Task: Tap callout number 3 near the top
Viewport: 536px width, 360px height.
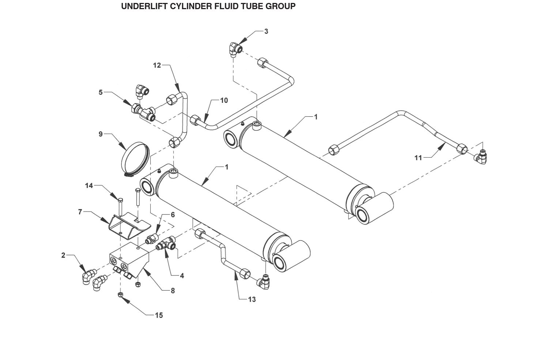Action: click(x=266, y=31)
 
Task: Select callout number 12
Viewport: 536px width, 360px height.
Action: click(x=157, y=65)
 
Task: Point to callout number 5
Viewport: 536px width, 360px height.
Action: click(x=101, y=92)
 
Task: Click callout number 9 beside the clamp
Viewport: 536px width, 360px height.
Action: click(x=101, y=134)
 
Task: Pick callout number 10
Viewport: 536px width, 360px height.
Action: click(x=224, y=100)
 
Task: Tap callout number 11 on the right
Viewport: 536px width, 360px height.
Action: click(x=418, y=158)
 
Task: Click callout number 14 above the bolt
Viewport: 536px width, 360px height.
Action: click(x=89, y=185)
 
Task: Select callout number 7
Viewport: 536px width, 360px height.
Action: click(x=80, y=212)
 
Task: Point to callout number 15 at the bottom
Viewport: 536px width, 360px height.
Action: click(x=159, y=315)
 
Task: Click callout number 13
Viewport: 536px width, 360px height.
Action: click(x=252, y=299)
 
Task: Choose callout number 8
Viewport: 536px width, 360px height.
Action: click(x=173, y=290)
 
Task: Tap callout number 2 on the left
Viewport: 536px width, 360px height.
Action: click(x=63, y=255)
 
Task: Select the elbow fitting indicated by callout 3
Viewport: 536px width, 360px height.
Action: click(x=236, y=49)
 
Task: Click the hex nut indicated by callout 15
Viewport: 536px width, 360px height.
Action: click(x=121, y=295)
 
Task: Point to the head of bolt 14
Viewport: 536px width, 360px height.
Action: click(x=120, y=200)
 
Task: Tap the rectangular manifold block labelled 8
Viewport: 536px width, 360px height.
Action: click(x=129, y=260)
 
